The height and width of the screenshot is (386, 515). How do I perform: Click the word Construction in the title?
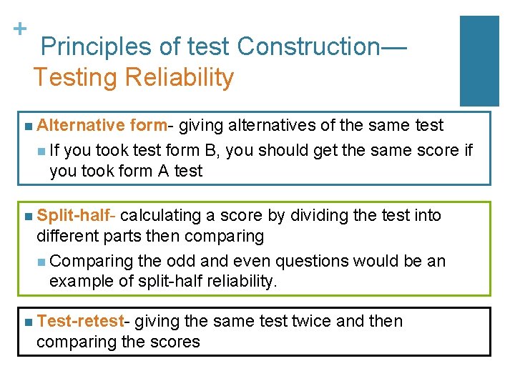click(309, 46)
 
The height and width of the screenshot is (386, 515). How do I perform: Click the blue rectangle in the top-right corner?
click(479, 61)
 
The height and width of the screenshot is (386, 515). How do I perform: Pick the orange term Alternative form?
click(101, 126)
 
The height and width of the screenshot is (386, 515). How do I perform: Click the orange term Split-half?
click(77, 215)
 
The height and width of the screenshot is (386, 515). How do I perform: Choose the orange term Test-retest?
click(80, 322)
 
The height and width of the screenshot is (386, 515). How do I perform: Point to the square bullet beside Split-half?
click(27, 216)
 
